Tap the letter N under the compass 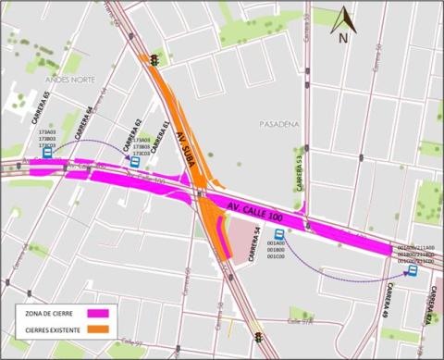[343, 39]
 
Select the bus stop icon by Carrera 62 [135, 161]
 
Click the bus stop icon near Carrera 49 [413, 272]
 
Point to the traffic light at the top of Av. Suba [154, 61]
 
